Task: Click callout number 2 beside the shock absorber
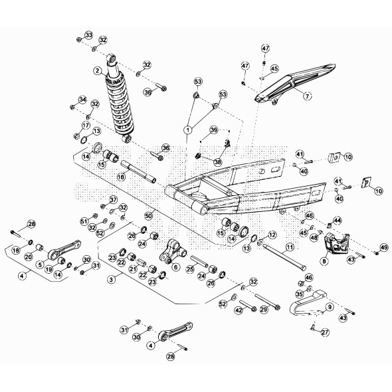pyautogui.click(x=97, y=71)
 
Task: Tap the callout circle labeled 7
pyautogui.click(x=307, y=96)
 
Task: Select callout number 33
pyautogui.click(x=89, y=34)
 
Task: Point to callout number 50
pyautogui.click(x=149, y=216)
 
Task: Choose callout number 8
pyautogui.click(x=324, y=262)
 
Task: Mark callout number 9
pyautogui.click(x=329, y=307)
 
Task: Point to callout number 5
pyautogui.click(x=39, y=264)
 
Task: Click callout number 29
pyautogui.click(x=264, y=309)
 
